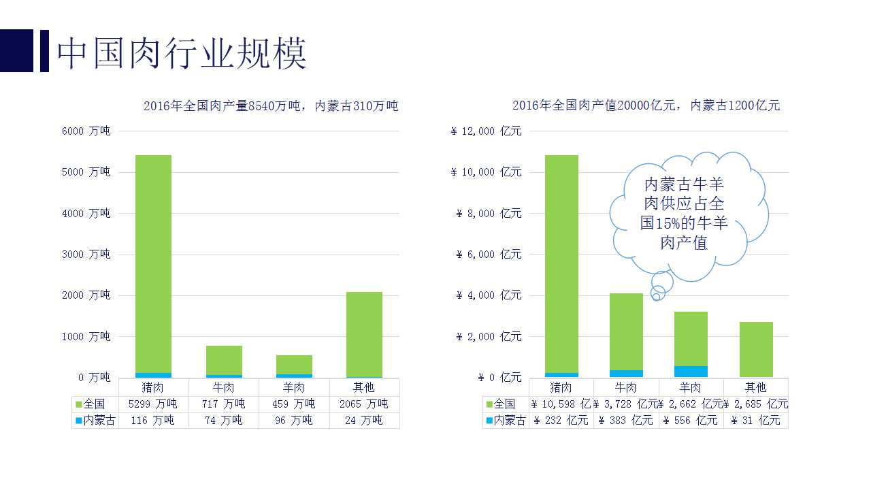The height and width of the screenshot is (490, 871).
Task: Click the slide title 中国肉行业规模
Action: tap(182, 53)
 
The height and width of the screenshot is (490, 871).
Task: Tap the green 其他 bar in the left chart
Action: tap(364, 333)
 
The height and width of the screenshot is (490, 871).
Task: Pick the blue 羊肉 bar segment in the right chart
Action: tap(691, 372)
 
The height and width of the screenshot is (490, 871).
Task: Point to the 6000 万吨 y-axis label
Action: tap(86, 131)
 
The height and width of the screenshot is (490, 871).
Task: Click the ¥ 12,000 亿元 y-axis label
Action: tap(486, 131)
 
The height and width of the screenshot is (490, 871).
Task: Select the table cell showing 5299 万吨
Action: tap(153, 404)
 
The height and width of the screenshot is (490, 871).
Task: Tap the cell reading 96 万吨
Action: tap(293, 421)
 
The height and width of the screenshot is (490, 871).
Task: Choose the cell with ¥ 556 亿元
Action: tap(691, 421)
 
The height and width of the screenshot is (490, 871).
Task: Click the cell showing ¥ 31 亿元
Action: tap(755, 421)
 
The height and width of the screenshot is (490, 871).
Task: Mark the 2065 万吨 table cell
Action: tap(364, 404)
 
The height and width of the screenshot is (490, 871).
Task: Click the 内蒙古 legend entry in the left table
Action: tap(95, 421)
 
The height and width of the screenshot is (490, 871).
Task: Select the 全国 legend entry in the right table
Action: tap(505, 404)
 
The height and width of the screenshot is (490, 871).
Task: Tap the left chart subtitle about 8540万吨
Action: tap(271, 105)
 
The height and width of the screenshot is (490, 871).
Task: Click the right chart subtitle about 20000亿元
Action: tap(646, 105)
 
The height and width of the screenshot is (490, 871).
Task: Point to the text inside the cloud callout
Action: tap(685, 213)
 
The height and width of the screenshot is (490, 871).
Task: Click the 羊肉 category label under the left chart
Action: tap(293, 387)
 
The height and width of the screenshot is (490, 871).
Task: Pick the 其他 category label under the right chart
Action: tap(755, 387)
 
